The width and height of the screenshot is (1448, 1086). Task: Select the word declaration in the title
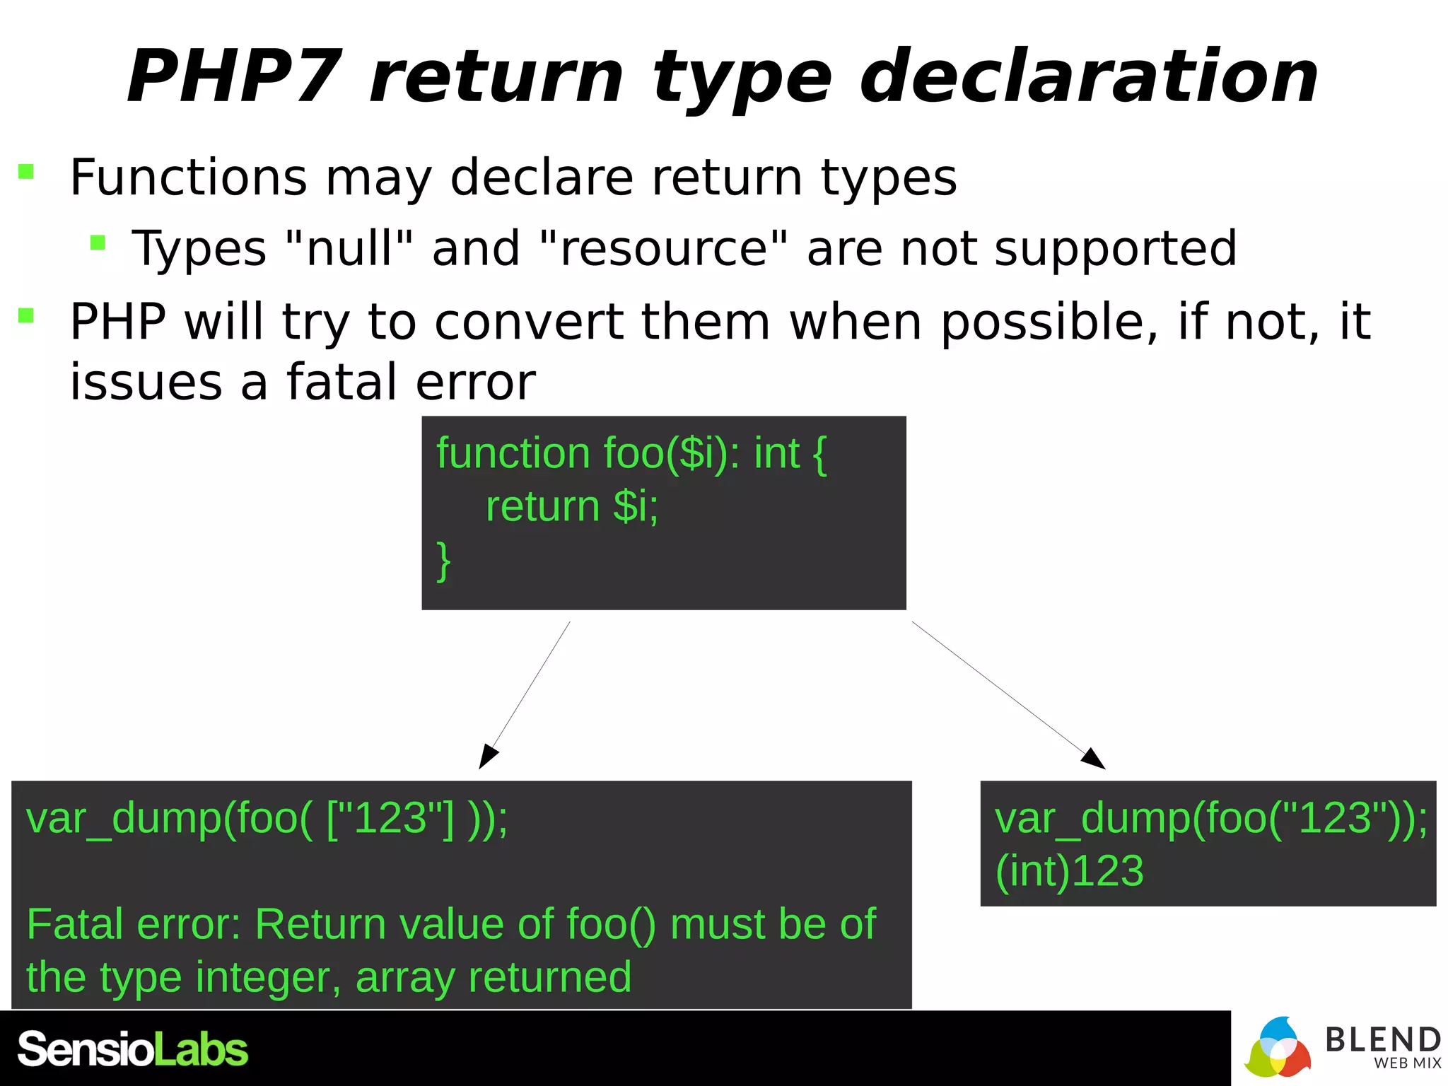click(1089, 76)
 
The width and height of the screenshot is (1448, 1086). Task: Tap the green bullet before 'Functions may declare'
click(26, 172)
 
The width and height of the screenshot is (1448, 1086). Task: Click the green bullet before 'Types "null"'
click(98, 243)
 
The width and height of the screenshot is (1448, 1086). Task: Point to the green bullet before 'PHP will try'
click(26, 315)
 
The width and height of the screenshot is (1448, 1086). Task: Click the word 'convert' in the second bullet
click(529, 322)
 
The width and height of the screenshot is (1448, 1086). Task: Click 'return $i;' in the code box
click(571, 506)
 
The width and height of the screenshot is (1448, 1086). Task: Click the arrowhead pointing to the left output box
click(487, 758)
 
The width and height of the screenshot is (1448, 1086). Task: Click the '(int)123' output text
click(1069, 871)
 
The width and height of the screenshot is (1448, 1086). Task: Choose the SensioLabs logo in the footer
click(133, 1049)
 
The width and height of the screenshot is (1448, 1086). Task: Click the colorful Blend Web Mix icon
click(1277, 1048)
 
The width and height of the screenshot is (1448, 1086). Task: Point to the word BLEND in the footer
click(1382, 1039)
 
